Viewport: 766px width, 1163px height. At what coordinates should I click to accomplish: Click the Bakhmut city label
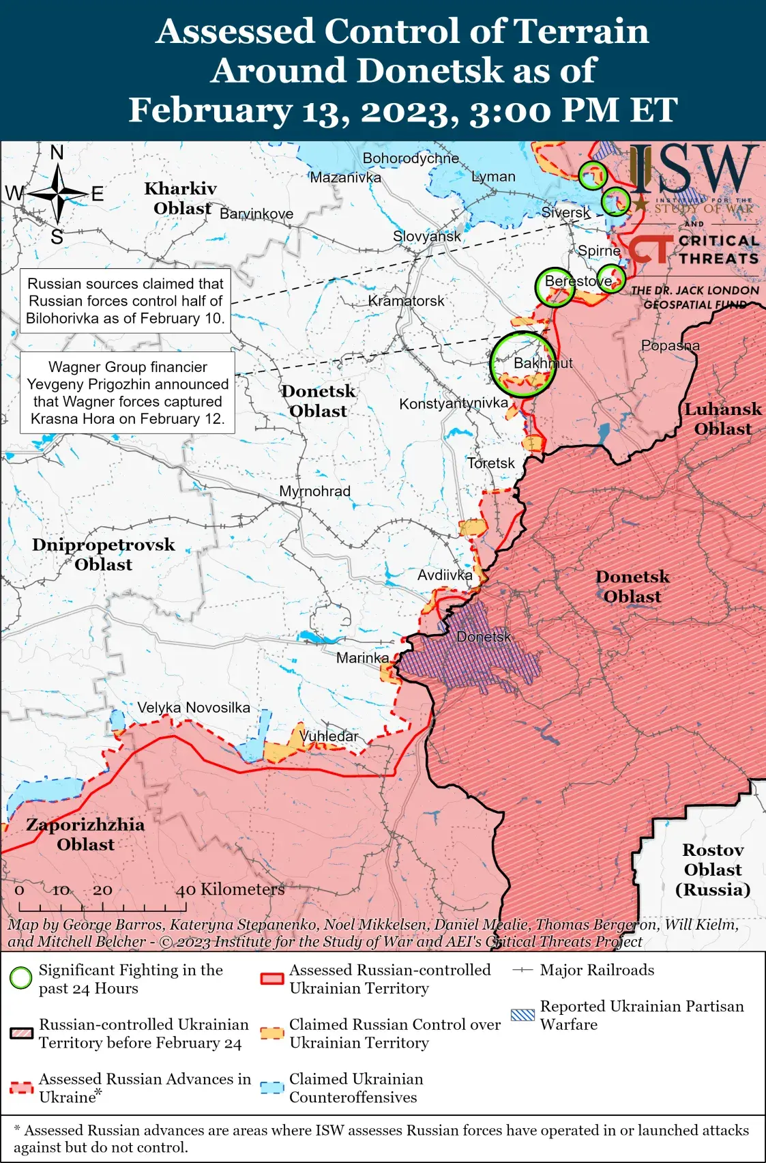[543, 363]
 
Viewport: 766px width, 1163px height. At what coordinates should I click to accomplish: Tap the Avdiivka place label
[445, 575]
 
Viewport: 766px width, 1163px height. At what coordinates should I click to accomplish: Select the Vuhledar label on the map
[329, 736]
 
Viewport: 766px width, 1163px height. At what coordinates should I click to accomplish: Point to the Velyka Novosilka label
[194, 708]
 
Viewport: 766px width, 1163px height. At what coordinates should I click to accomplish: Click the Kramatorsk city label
[406, 301]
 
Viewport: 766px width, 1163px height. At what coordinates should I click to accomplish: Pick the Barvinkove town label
[256, 214]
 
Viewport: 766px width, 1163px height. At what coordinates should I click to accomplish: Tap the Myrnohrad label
[314, 491]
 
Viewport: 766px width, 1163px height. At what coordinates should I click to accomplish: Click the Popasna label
[670, 345]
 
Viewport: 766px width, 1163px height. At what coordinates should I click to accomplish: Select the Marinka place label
[362, 658]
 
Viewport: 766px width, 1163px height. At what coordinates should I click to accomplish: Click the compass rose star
[58, 194]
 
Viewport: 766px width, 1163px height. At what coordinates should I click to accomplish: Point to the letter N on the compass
[57, 152]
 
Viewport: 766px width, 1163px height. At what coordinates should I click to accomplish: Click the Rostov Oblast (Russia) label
[712, 870]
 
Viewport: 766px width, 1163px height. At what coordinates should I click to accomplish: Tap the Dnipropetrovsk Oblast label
[103, 554]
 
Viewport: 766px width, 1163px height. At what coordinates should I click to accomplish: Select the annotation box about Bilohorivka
[126, 301]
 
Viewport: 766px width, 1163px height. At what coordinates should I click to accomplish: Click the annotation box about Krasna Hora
[128, 392]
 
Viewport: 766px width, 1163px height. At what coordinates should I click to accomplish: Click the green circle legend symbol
[21, 979]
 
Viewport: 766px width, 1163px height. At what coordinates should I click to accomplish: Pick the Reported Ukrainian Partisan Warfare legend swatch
[522, 1015]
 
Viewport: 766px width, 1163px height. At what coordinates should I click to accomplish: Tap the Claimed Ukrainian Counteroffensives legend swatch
[272, 1088]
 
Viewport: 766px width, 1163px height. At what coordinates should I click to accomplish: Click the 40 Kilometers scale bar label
[230, 890]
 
